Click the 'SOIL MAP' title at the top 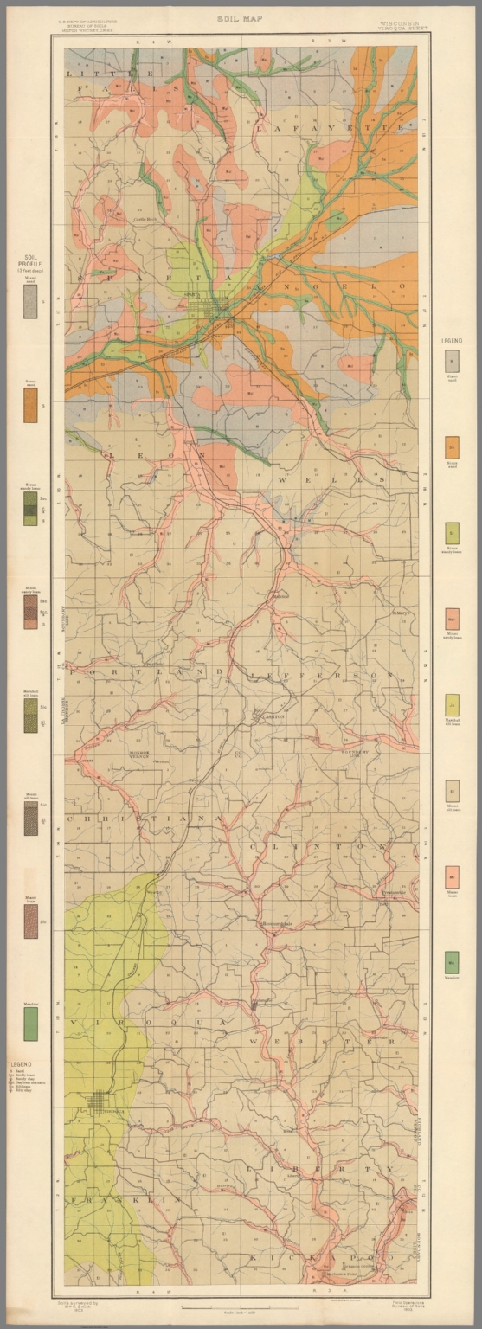(241, 17)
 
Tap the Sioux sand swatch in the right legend (452, 447)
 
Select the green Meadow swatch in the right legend (452, 961)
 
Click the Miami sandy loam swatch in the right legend (452, 619)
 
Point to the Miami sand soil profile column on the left (30, 302)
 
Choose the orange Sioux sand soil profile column (30, 405)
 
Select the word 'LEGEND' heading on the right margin (452, 341)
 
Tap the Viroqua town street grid (97, 1101)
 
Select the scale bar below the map (241, 1307)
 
